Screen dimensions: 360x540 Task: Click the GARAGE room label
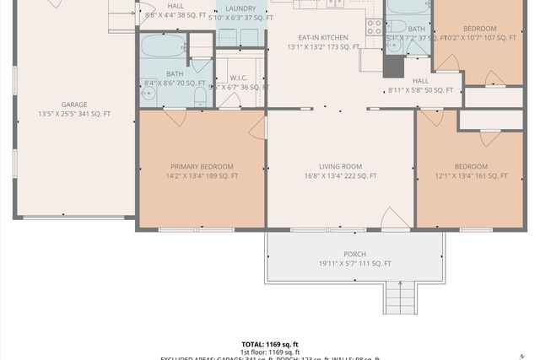74,105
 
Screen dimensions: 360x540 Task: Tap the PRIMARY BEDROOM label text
201,166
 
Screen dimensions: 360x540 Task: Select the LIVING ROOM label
341,166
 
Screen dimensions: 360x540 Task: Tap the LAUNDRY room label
240,8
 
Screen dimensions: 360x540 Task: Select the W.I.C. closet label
238,77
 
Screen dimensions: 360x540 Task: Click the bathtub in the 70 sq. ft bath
163,45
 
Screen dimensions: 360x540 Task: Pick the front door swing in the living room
395,218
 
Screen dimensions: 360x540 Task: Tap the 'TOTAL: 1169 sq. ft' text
270,344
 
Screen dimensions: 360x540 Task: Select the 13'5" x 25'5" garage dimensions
74,114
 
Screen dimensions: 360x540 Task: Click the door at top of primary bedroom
175,117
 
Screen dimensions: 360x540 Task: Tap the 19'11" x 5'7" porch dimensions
354,263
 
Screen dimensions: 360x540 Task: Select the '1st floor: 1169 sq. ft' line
270,352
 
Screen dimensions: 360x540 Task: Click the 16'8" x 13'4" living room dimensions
341,176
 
